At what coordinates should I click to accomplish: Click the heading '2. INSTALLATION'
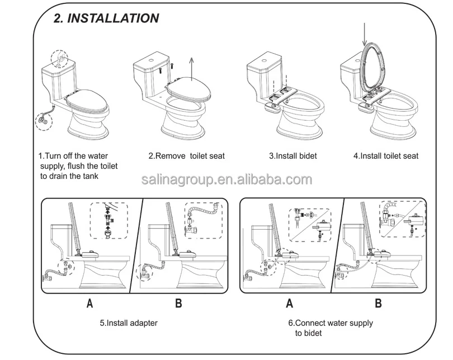[x=106, y=18]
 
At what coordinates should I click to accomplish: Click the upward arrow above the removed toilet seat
[x=191, y=68]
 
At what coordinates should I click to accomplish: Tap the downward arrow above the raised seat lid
[x=365, y=35]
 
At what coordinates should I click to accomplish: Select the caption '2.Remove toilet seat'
[x=187, y=156]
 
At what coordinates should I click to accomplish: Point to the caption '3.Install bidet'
[x=293, y=156]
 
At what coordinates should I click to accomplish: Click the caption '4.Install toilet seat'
[x=386, y=156]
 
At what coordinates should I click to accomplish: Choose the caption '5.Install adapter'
[x=129, y=323]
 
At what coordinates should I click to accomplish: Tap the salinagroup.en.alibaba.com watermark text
[x=227, y=179]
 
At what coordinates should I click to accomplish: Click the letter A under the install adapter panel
[x=90, y=304]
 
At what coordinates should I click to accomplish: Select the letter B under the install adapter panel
[x=178, y=304]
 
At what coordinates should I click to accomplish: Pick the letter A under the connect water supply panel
[x=290, y=304]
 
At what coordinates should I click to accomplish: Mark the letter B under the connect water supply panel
[x=378, y=304]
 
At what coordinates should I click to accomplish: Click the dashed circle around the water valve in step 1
[x=44, y=121]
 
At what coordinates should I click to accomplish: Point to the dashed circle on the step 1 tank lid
[x=59, y=59]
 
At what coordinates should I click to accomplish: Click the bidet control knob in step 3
[x=272, y=108]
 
